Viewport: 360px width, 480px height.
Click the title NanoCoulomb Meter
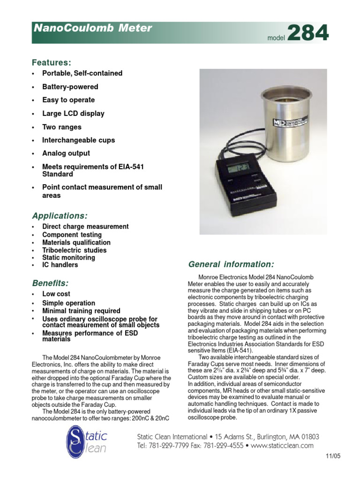[92, 28]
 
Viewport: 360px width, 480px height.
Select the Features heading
[51, 62]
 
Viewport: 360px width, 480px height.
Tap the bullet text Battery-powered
[70, 87]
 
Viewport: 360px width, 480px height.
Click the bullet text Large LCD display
[73, 113]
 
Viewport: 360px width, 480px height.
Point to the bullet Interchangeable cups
[78, 140]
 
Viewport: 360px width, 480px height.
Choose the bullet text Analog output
[66, 153]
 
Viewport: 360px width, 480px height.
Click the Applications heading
[60, 216]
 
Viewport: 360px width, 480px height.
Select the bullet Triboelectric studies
[74, 250]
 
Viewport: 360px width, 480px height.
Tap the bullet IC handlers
[60, 265]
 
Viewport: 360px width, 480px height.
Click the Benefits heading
[50, 283]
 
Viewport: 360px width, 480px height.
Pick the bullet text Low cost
[56, 294]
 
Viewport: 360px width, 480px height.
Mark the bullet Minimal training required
[81, 311]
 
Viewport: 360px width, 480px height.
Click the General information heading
[231, 264]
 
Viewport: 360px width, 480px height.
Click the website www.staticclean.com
[282, 446]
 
